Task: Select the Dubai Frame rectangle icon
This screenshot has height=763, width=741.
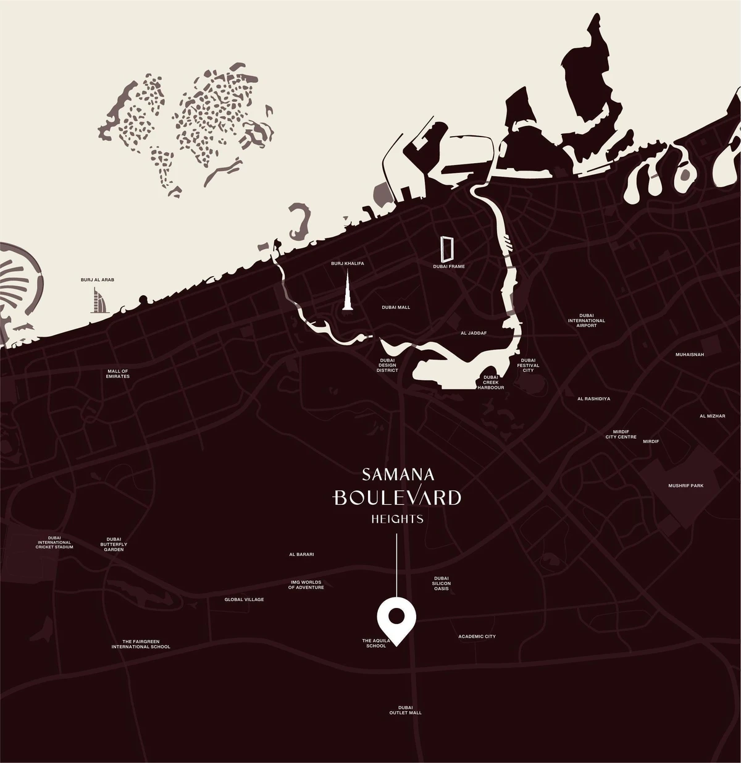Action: [448, 249]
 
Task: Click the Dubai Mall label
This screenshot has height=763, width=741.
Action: [396, 307]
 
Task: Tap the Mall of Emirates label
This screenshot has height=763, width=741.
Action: [118, 374]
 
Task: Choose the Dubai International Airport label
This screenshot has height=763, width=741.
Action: [587, 321]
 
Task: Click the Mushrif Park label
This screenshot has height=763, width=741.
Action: [685, 486]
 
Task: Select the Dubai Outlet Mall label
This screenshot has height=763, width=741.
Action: [405, 710]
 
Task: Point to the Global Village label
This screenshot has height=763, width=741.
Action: [244, 599]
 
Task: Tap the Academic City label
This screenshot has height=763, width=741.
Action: [477, 636]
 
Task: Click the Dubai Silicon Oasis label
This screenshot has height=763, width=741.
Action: [442, 584]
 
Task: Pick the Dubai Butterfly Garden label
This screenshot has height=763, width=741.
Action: [114, 544]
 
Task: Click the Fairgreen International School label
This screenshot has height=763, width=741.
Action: [141, 644]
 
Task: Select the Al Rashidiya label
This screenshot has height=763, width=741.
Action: [593, 398]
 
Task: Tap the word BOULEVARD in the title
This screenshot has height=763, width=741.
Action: [397, 497]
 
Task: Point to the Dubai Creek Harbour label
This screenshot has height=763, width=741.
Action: [491, 382]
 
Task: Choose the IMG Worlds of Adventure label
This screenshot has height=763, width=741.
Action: [306, 584]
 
